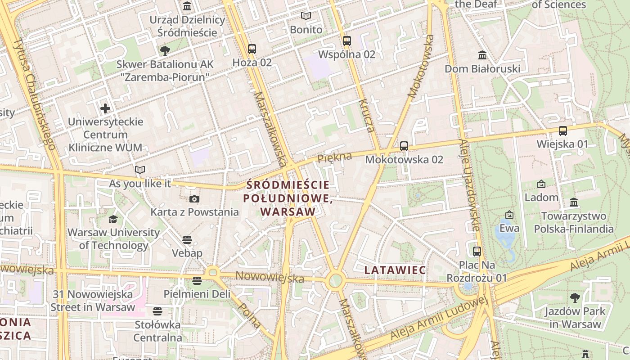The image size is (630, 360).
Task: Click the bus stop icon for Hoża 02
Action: coord(252,49)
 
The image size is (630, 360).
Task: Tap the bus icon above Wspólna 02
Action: coord(346,40)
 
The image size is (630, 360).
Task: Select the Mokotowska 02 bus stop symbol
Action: coord(404,146)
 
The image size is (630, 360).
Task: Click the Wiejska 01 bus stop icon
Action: coord(562,130)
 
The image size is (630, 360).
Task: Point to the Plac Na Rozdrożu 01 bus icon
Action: coord(477,251)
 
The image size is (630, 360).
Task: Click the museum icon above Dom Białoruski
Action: coord(482,55)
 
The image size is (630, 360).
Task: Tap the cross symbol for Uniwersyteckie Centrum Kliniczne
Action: coord(105,108)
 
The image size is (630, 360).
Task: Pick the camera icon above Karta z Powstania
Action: coord(194,199)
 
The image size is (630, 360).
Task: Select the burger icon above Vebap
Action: coord(187,239)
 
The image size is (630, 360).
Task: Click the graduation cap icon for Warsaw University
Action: coord(113,219)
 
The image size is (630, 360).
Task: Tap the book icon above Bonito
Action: coord(306,16)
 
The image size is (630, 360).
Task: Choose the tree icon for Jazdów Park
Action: coord(575,297)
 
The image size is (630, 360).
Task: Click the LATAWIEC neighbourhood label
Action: coord(395,270)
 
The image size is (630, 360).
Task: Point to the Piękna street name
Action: coord(334,158)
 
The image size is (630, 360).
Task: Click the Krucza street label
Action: coord(366,116)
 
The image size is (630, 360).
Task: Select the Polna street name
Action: coord(249,315)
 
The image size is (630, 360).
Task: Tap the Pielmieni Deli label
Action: coord(197,294)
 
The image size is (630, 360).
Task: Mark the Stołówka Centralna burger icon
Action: coord(157,311)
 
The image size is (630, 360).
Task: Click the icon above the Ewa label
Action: coord(509,215)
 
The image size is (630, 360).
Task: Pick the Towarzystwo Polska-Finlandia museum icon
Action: coord(574,202)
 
